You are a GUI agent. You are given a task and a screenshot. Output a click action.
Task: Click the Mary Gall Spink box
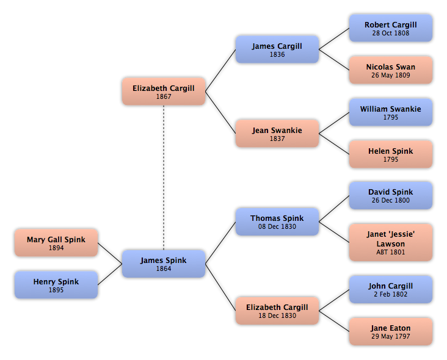(x=56, y=243)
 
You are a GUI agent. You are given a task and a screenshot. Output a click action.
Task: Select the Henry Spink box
(x=56, y=285)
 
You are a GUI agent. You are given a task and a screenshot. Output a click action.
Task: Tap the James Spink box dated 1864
(x=164, y=264)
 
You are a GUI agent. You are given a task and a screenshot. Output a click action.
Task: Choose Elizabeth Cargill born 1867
(x=164, y=92)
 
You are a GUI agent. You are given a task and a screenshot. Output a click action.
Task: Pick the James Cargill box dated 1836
(x=277, y=49)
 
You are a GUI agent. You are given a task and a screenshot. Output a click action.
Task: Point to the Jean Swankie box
(x=277, y=134)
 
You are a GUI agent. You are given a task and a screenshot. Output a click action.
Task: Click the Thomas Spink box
(x=277, y=221)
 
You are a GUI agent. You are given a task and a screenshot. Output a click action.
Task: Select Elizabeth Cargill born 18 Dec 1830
(x=277, y=311)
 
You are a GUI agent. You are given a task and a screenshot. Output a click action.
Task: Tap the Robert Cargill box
(x=391, y=28)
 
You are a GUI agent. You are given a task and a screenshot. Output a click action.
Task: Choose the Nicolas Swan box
(x=391, y=70)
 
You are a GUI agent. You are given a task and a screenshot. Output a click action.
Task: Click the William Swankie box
(x=391, y=112)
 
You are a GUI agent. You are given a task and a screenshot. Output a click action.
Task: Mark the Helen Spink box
(x=391, y=154)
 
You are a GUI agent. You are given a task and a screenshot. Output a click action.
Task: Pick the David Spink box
(x=391, y=195)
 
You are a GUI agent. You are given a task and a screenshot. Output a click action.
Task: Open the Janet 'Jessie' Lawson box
(x=391, y=242)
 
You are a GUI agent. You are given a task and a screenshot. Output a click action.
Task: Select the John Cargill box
(x=391, y=289)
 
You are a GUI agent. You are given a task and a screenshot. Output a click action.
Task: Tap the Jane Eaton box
(x=391, y=331)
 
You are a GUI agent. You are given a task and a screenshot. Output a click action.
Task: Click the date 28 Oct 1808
(x=391, y=33)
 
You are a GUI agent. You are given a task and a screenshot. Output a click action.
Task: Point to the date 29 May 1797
(x=391, y=336)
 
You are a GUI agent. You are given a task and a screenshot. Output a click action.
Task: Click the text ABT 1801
(x=391, y=252)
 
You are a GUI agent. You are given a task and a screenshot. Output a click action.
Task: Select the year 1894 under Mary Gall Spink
(x=56, y=248)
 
